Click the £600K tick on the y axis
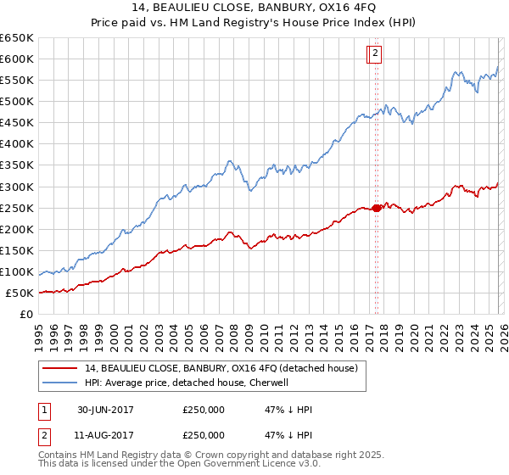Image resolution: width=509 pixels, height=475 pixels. point(17,59)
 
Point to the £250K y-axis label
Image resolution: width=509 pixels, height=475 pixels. point(17,208)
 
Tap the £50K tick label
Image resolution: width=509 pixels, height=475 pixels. point(20,293)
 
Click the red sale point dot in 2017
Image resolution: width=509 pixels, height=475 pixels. point(377,208)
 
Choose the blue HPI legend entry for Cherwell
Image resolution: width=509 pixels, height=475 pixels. point(187,383)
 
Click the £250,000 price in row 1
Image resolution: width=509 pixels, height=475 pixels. point(204,410)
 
